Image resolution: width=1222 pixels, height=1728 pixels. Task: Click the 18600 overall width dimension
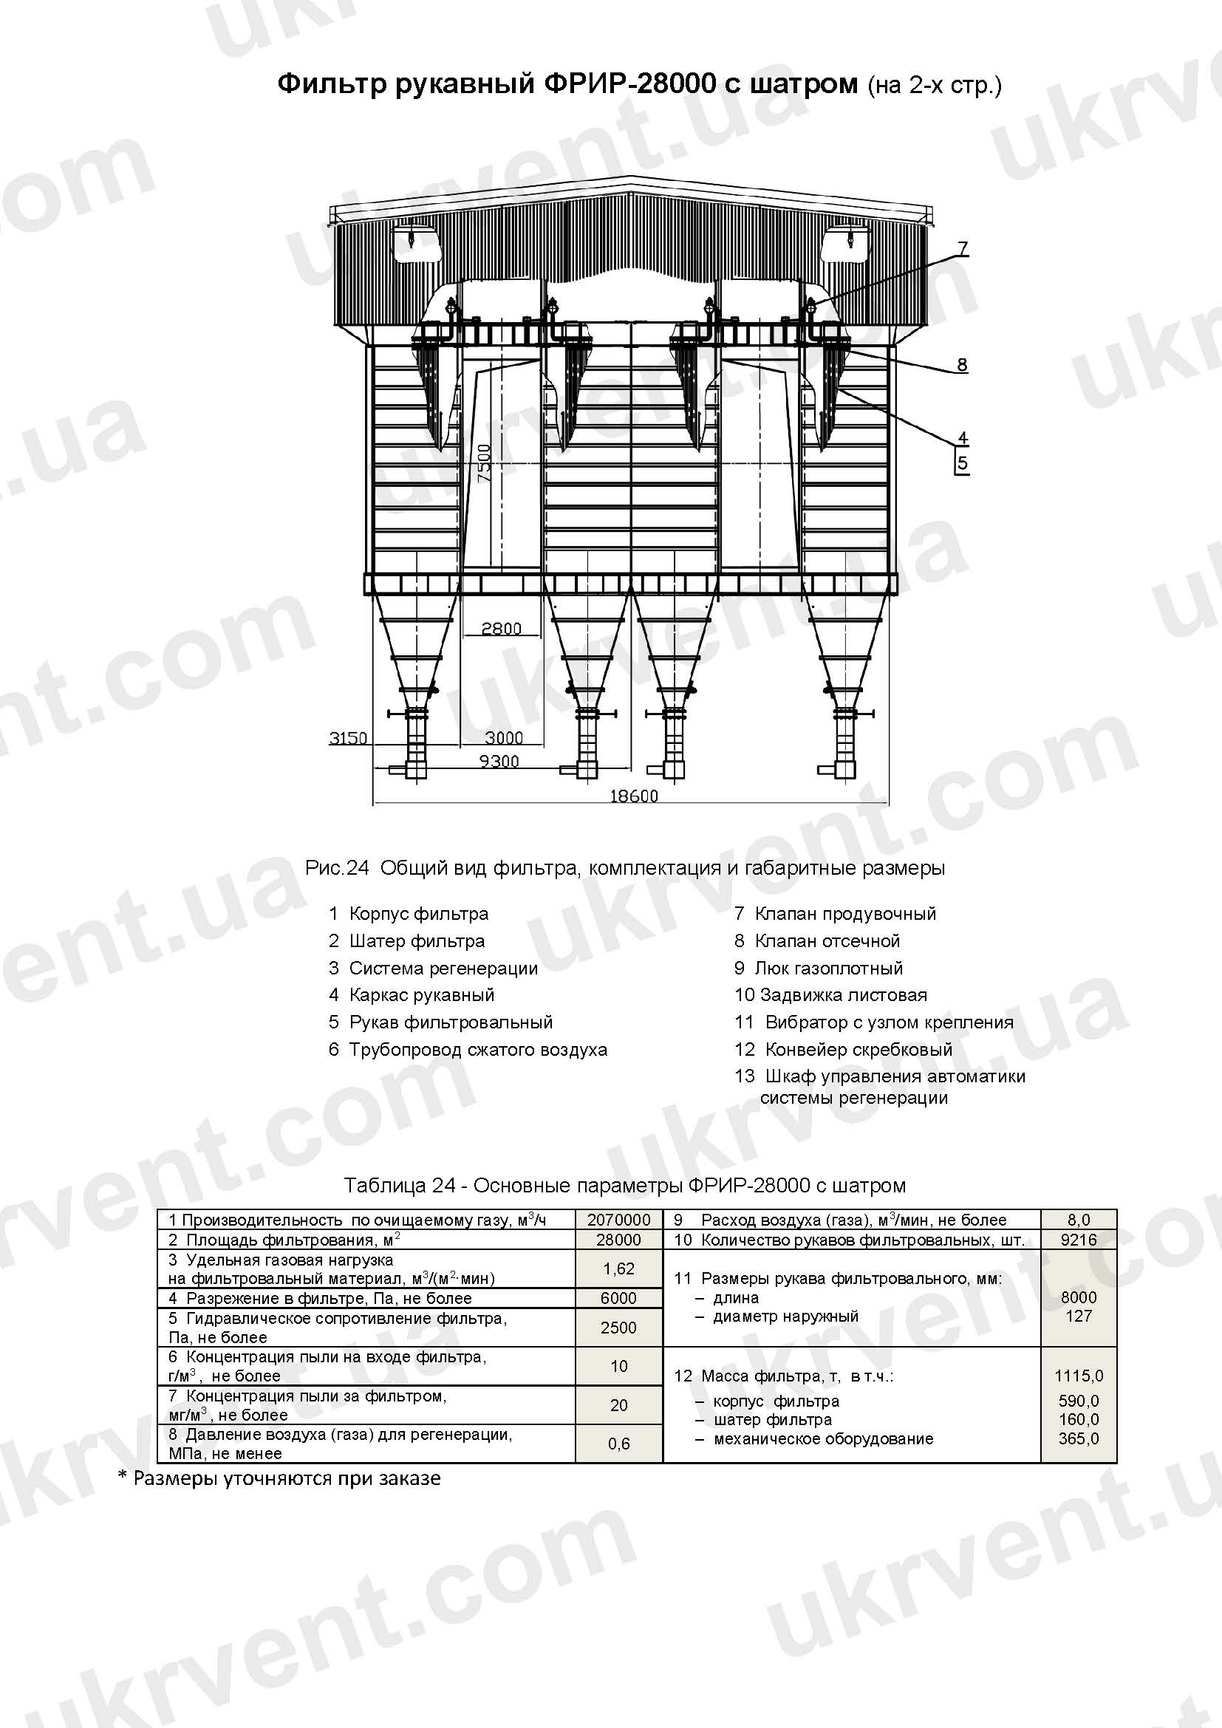[x=634, y=796]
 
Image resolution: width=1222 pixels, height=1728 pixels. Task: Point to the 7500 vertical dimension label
[x=484, y=463]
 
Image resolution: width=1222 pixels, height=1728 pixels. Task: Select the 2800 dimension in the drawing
[x=501, y=629]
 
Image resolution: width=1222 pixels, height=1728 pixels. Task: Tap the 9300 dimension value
[x=499, y=762]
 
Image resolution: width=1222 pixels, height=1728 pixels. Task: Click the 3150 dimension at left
[x=348, y=737]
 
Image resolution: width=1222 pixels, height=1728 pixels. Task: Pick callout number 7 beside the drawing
[x=963, y=247]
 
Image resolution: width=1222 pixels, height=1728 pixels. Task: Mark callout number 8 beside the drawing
[x=962, y=365]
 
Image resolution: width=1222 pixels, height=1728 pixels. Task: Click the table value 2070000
[x=618, y=1220]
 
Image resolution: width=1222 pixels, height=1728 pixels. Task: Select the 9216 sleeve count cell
[x=1078, y=1240]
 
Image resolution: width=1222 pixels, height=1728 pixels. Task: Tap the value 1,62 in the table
[x=618, y=1269]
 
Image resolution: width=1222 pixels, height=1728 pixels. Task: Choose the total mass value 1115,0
[x=1078, y=1376]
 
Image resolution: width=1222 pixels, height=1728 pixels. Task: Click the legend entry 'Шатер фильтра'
[x=417, y=940]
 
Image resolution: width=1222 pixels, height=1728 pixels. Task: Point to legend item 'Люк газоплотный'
[x=828, y=968]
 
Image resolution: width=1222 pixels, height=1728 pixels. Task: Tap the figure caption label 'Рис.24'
[x=337, y=868]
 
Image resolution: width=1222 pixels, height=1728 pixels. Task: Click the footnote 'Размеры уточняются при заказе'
[x=287, y=1478]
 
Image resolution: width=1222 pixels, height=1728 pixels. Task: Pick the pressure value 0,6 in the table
[x=618, y=1444]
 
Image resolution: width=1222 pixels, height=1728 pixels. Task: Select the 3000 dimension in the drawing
[x=503, y=737]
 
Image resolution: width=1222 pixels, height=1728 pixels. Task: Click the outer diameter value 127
[x=1078, y=1317]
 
